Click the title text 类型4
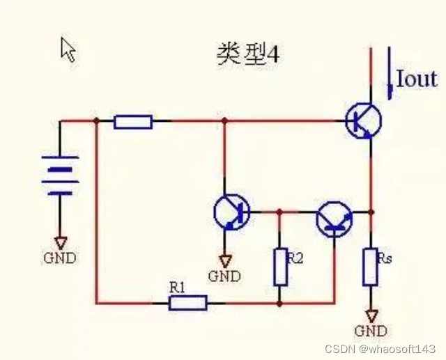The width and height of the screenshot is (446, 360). [248, 55]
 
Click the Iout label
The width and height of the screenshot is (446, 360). [417, 79]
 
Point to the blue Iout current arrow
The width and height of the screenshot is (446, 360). [389, 70]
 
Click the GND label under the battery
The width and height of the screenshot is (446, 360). [60, 258]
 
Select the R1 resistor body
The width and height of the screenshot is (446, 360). [187, 302]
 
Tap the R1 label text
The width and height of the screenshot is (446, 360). [176, 286]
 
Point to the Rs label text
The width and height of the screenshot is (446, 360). [385, 258]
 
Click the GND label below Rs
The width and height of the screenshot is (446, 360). [371, 331]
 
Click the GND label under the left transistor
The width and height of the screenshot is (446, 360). [224, 276]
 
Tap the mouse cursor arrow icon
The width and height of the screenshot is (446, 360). [68, 49]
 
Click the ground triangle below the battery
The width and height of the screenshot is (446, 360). [60, 242]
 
